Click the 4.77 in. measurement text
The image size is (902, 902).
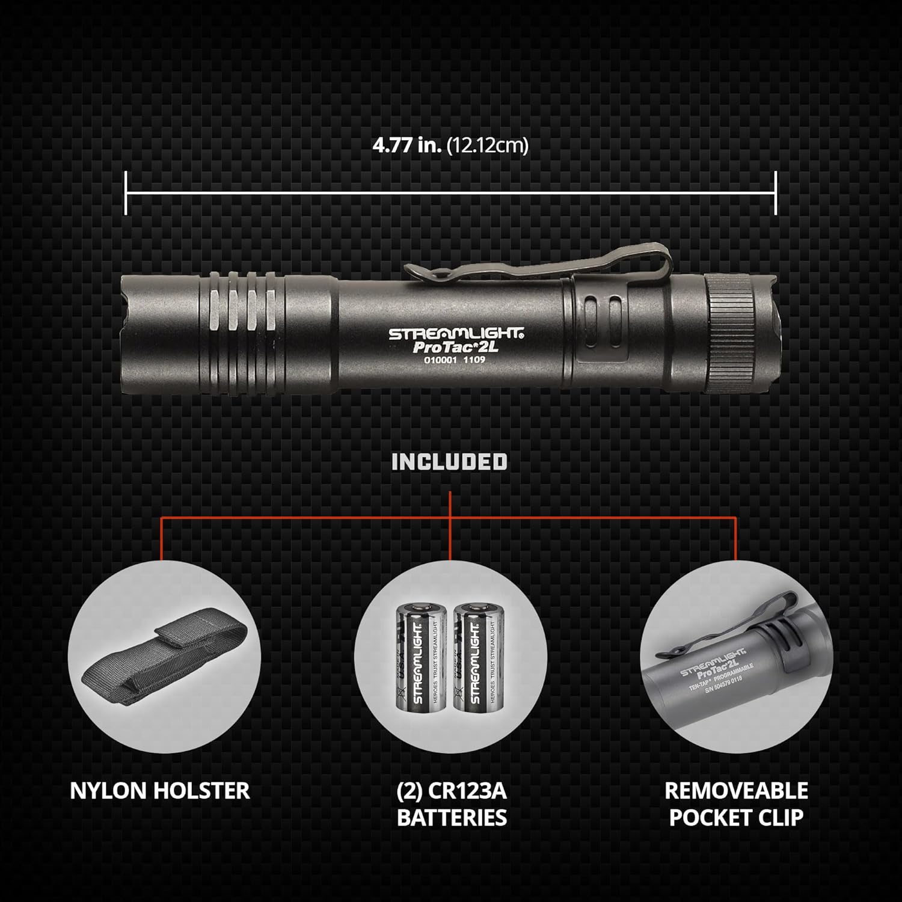pyautogui.click(x=407, y=146)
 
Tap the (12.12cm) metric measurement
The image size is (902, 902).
pyautogui.click(x=488, y=146)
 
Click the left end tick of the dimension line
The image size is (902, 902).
pyautogui.click(x=126, y=193)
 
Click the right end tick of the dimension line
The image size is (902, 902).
pyautogui.click(x=776, y=193)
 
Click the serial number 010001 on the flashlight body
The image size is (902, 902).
pyautogui.click(x=424, y=360)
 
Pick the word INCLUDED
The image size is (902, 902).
pyautogui.click(x=449, y=462)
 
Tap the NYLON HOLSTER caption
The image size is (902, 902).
pyautogui.click(x=160, y=791)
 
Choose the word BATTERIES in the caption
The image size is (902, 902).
pyautogui.click(x=452, y=818)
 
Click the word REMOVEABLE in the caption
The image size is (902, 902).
pyautogui.click(x=736, y=791)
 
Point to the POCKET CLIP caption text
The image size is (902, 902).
pyautogui.click(x=736, y=818)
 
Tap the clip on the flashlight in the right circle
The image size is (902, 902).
pyautogui.click(x=722, y=625)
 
